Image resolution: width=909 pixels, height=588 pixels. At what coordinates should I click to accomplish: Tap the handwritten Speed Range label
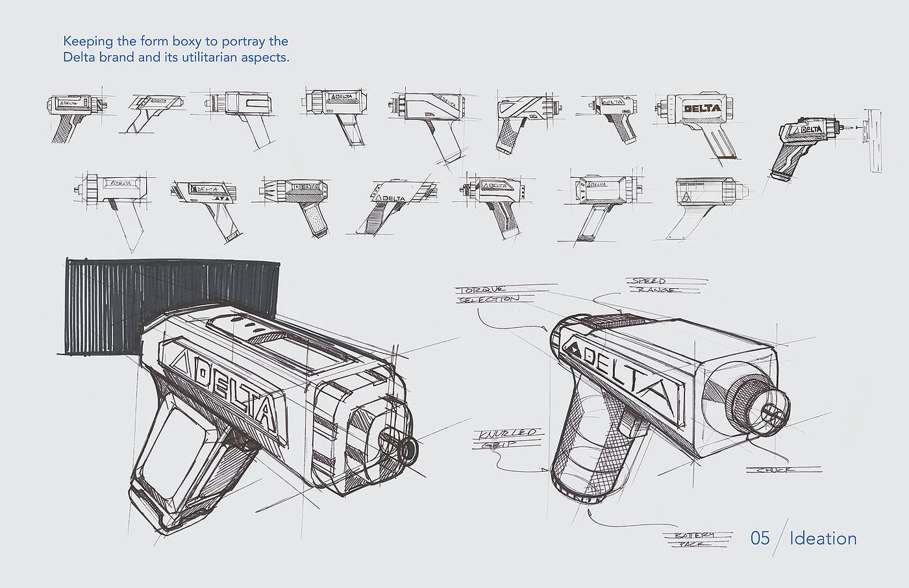click(651, 286)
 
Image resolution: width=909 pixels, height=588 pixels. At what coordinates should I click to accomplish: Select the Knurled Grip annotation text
click(508, 438)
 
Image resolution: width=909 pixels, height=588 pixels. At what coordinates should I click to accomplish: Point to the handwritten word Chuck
click(776, 469)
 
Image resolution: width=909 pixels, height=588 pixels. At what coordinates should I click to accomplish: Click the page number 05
click(760, 538)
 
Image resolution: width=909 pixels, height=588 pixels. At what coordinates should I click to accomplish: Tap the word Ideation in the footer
click(823, 539)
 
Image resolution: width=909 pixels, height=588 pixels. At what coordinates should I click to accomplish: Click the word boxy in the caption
click(187, 42)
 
